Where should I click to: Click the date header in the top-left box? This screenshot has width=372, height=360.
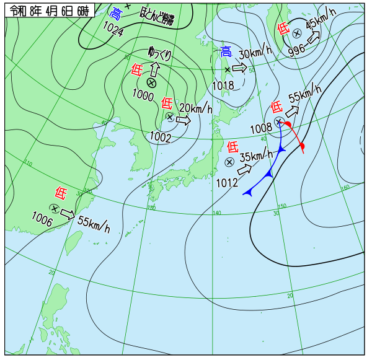49,11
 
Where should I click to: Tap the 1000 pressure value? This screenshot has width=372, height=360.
143,95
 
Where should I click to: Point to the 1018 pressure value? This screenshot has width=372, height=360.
223,85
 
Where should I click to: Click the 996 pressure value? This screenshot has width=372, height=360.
297,51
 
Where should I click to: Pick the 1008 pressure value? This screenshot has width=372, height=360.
261,128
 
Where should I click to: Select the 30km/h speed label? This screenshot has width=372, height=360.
255,53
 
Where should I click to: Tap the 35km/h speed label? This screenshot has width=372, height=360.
256,156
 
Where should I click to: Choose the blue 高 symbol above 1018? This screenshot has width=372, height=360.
226,53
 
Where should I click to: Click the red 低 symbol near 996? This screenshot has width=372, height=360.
283,29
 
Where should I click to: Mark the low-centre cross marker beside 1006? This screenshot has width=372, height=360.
55,209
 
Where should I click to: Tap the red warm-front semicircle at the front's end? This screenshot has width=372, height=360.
302,146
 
